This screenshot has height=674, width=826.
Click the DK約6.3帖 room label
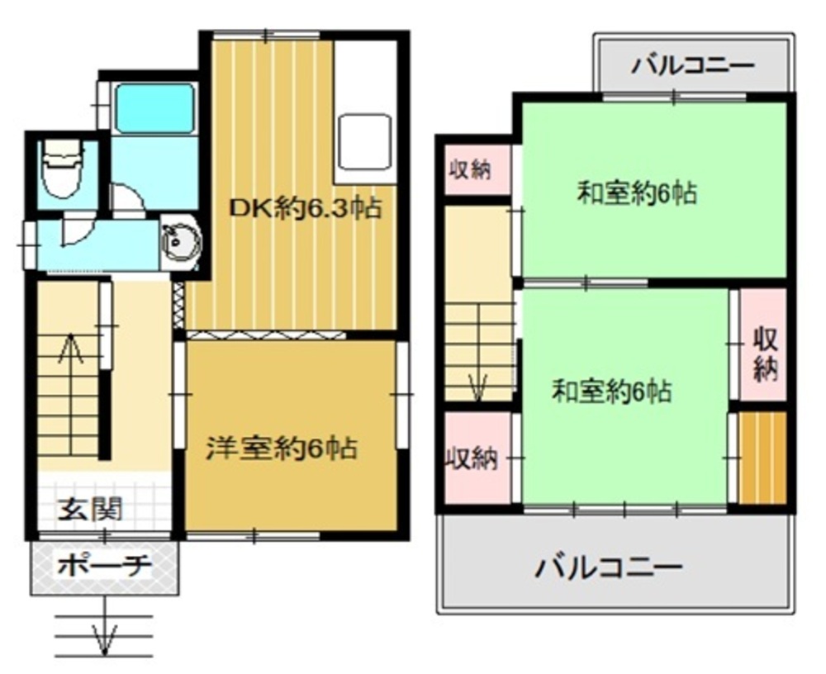pyautogui.click(x=305, y=209)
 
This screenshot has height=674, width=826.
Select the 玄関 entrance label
pyautogui.click(x=89, y=509)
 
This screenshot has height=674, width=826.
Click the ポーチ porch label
pyautogui.click(x=104, y=566)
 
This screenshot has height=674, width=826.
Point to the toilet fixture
pyautogui.click(x=63, y=168)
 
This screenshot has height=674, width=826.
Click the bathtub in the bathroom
pyautogui.click(x=154, y=108)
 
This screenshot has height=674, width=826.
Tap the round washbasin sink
pyautogui.click(x=181, y=244)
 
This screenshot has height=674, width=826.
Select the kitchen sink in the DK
pyautogui.click(x=364, y=141)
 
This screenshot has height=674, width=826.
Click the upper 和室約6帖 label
pyautogui.click(x=638, y=193)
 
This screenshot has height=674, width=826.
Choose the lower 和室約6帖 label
pyautogui.click(x=612, y=392)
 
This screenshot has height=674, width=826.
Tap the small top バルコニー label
pyautogui.click(x=693, y=66)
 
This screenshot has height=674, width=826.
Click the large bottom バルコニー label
pyautogui.click(x=609, y=567)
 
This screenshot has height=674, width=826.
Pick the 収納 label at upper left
pyautogui.click(x=471, y=169)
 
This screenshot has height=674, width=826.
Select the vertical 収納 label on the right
pyautogui.click(x=766, y=354)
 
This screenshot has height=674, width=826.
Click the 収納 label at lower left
pyautogui.click(x=472, y=458)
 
